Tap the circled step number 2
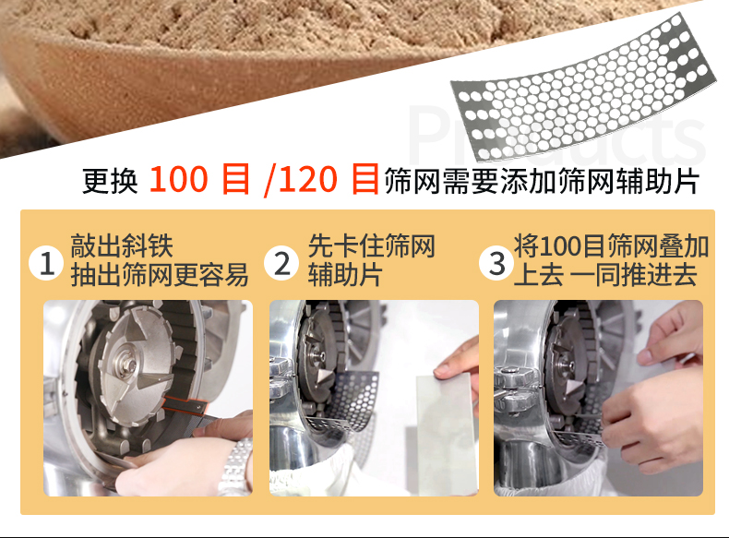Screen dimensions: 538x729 click(281, 264)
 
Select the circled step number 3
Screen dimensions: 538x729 click(498, 264)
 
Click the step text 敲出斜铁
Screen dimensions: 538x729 click(122, 246)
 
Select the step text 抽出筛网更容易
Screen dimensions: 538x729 click(160, 275)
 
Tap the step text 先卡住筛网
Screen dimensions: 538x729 click(372, 246)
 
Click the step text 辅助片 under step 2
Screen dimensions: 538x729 click(345, 275)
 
